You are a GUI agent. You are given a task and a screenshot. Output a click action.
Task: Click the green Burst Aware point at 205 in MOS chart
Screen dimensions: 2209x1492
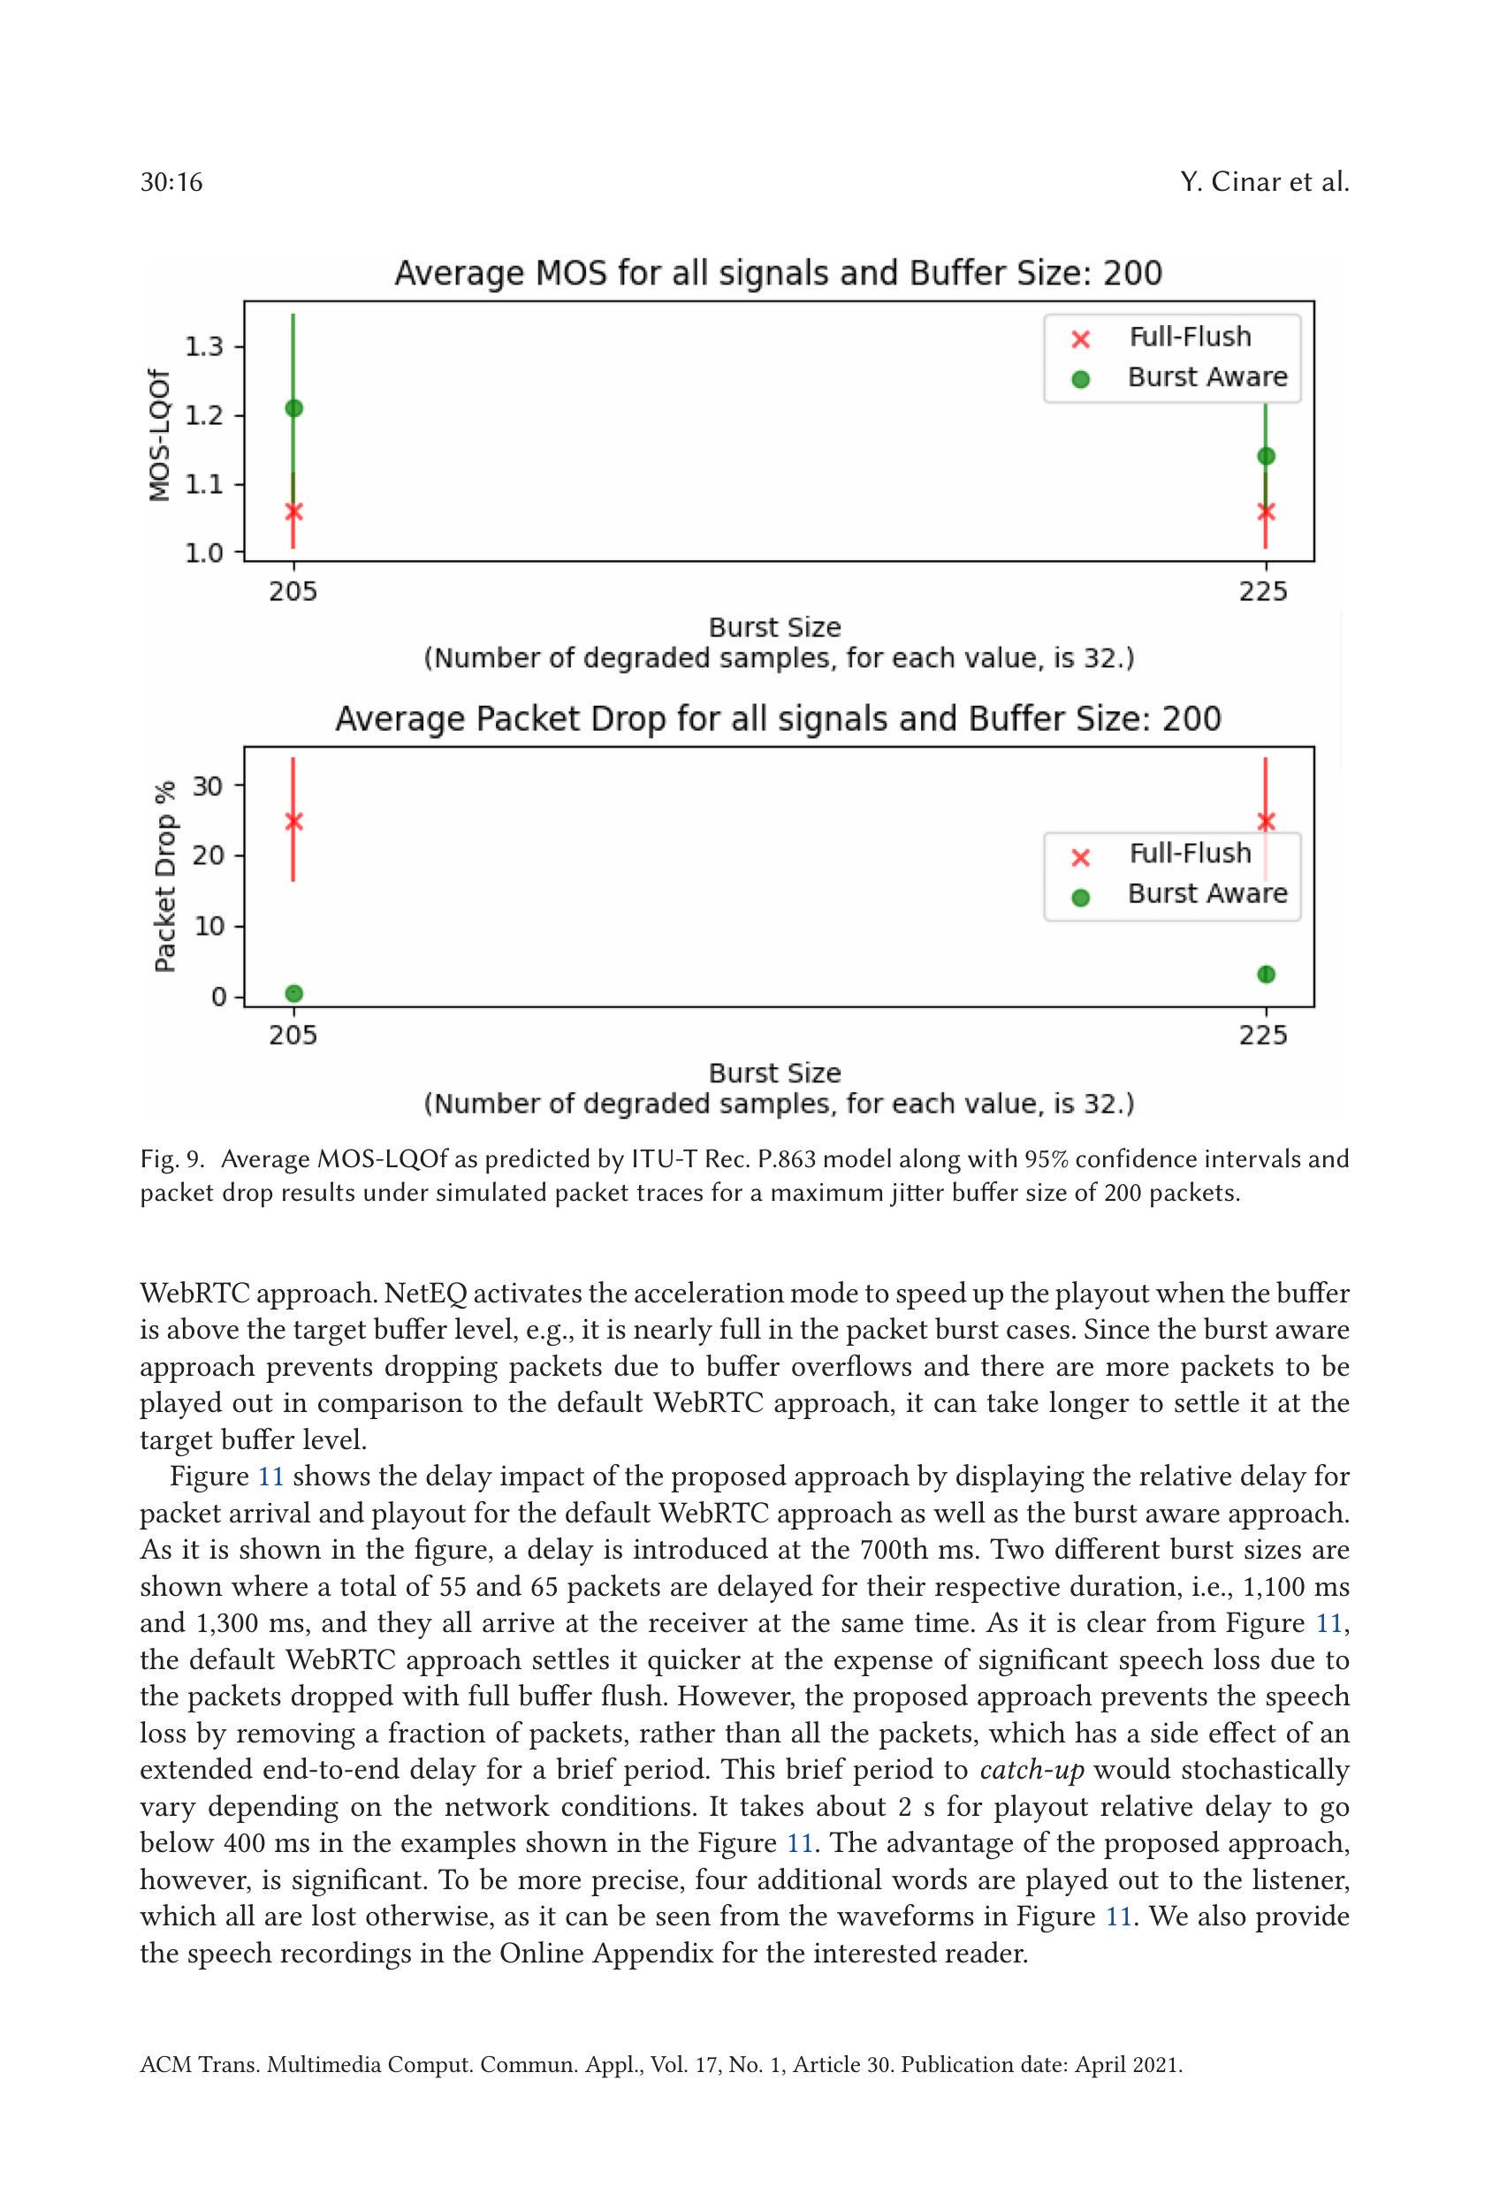point(293,407)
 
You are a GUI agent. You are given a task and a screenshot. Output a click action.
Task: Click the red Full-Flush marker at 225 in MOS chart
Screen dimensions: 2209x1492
point(1266,512)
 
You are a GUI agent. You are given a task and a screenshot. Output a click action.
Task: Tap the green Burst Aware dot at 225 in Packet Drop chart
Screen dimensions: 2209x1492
point(1266,975)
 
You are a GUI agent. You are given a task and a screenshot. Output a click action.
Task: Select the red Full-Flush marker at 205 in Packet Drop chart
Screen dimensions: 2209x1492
point(293,821)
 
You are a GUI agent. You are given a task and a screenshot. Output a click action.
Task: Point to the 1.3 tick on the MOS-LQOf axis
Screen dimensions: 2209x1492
point(204,346)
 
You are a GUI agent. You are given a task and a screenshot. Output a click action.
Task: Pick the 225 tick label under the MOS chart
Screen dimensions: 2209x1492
point(1263,592)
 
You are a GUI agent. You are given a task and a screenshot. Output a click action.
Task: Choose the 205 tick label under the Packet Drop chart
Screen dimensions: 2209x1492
point(293,1035)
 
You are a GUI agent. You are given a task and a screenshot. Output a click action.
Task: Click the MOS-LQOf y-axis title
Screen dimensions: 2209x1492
point(161,436)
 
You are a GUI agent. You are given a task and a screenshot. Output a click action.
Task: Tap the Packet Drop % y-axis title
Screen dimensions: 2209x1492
point(165,877)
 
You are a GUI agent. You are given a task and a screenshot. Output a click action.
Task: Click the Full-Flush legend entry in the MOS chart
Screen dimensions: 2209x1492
point(1189,338)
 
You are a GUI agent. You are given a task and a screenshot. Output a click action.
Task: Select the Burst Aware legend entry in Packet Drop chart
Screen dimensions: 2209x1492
point(1206,894)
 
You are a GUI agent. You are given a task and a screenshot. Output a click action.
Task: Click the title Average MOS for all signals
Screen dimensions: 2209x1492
point(778,274)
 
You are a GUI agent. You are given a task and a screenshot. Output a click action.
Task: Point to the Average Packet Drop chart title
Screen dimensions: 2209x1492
point(778,718)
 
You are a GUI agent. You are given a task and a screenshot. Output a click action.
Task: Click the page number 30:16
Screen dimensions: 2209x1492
point(171,183)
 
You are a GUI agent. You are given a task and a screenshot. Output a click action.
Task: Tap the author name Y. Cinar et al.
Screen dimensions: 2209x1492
point(1264,183)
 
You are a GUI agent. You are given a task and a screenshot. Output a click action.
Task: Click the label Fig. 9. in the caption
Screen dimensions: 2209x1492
point(172,1159)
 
